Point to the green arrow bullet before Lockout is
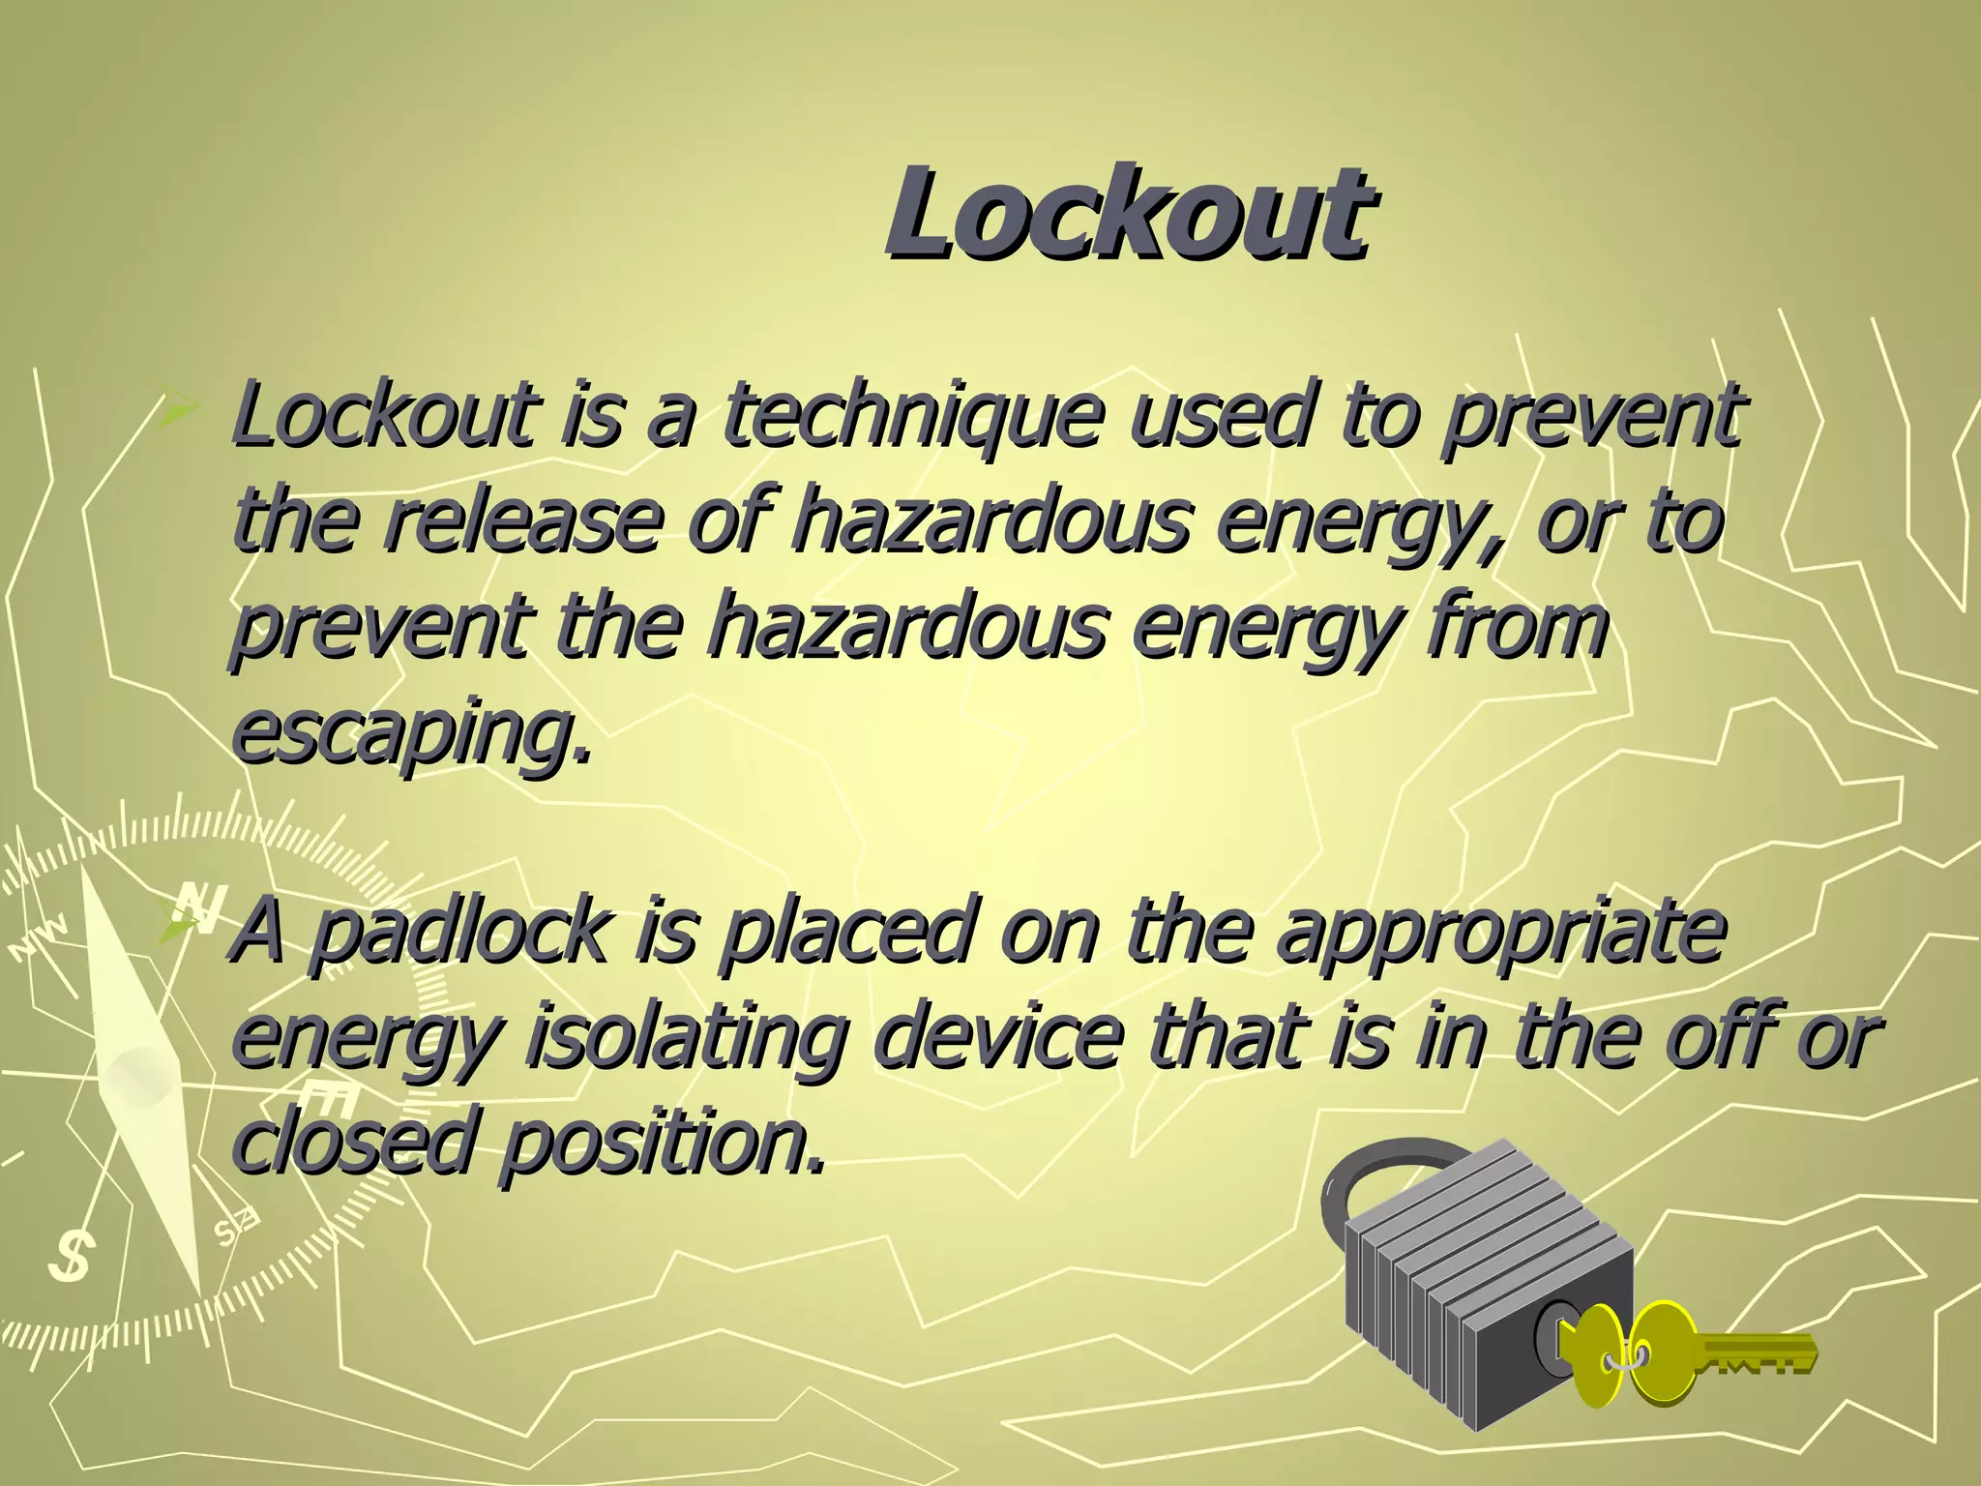179,414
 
